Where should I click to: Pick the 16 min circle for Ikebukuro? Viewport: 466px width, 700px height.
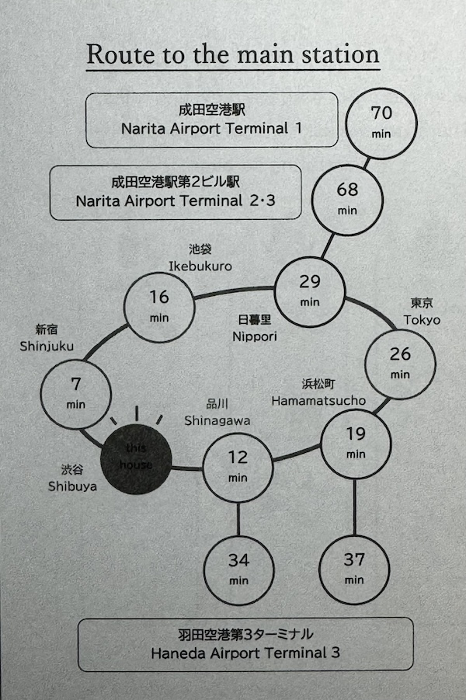click(159, 305)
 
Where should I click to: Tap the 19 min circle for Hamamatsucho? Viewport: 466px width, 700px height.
click(356, 443)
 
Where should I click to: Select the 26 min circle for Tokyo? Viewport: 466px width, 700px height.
click(400, 362)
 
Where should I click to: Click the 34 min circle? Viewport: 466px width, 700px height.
click(238, 568)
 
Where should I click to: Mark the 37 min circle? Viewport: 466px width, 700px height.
click(354, 568)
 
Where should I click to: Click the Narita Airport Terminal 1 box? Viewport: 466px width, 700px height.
click(211, 120)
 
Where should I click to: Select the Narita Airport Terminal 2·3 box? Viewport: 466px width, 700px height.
click(176, 192)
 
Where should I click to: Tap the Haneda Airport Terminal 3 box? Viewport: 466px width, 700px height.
click(245, 644)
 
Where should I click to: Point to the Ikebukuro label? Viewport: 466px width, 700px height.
click(200, 266)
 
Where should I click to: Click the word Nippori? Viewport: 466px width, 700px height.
click(254, 337)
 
